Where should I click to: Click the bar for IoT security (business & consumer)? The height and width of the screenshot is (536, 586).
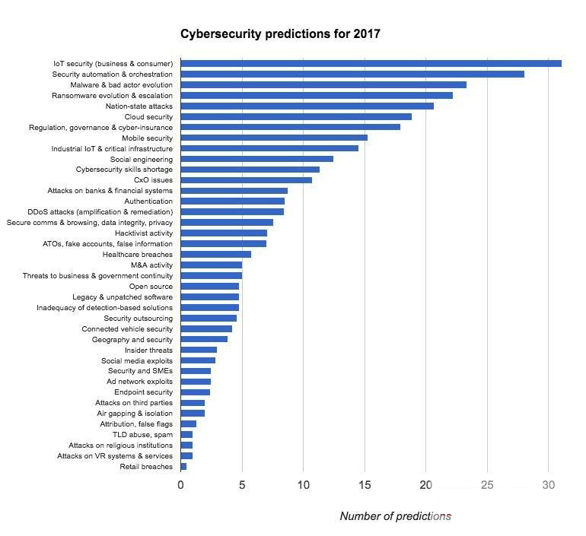(371, 64)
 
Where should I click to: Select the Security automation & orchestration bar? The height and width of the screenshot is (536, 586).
(352, 75)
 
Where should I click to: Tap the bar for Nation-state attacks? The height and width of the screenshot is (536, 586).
(307, 106)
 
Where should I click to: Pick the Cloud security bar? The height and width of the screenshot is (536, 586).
(296, 117)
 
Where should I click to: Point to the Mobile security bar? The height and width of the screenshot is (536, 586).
(274, 138)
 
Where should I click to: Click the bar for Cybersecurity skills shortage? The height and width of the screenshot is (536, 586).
(250, 170)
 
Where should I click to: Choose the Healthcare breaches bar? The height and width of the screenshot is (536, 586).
(215, 255)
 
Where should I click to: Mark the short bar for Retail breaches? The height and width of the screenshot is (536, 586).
(183, 467)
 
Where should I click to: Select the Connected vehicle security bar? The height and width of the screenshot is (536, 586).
(206, 329)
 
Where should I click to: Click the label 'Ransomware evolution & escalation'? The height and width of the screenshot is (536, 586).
(112, 96)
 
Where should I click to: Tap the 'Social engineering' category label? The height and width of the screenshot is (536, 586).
(142, 160)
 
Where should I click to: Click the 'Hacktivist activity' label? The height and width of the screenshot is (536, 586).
(144, 233)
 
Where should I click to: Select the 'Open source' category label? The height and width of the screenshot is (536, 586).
(151, 287)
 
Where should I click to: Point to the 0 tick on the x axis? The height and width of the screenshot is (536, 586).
(181, 485)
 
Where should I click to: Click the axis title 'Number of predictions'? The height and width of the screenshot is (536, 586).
(395, 516)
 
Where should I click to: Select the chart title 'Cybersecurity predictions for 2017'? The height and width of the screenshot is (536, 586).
(280, 34)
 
